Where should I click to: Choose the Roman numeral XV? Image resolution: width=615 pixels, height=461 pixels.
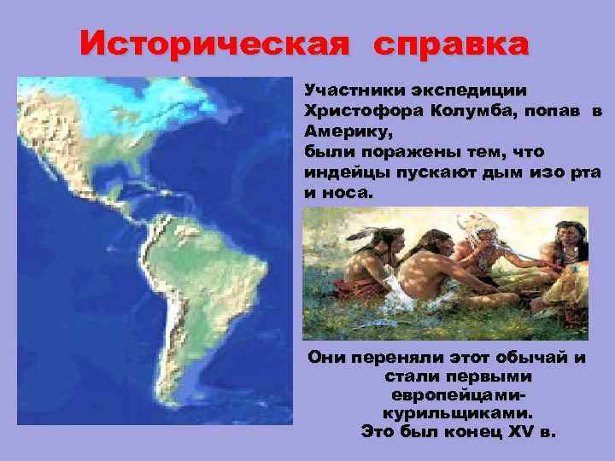point(509,432)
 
